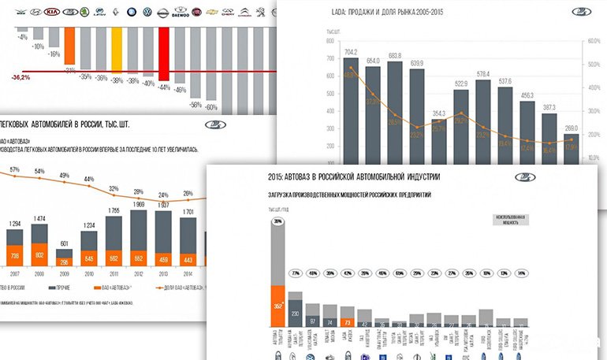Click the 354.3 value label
click(439, 113)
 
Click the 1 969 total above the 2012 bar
click(139, 204)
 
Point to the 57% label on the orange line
click(14, 169)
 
